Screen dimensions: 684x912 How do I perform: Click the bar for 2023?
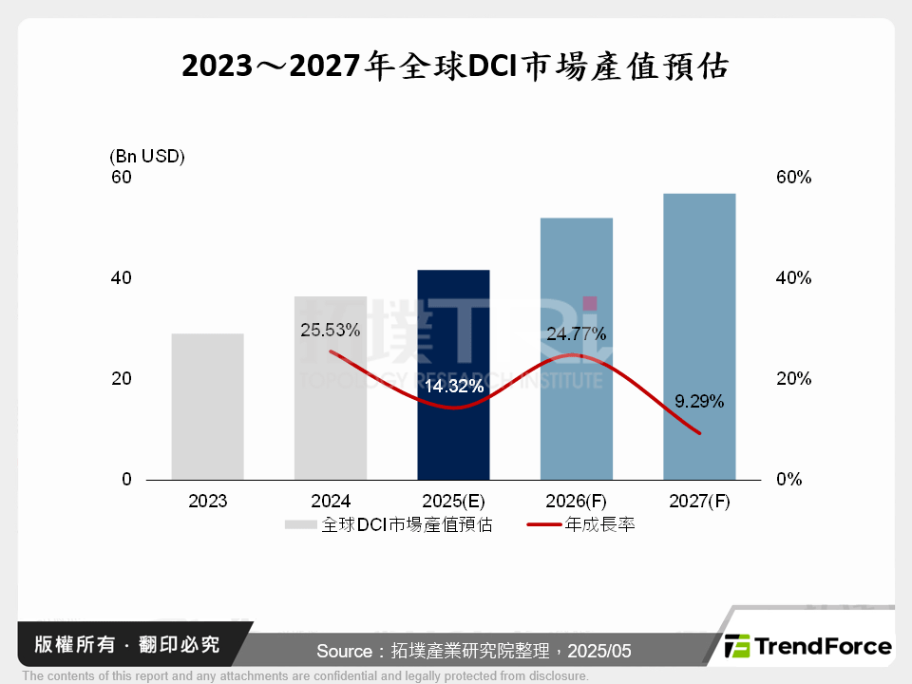[x=208, y=407]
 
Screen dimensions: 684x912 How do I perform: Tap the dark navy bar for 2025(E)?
[x=453, y=374]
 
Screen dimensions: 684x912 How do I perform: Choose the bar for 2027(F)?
[x=699, y=336]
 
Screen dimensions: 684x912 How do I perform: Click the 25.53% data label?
[x=330, y=331]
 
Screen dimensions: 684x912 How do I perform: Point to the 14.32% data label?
[x=454, y=388]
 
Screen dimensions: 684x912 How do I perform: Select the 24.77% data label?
[x=576, y=333]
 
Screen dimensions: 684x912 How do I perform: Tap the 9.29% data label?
[x=699, y=402]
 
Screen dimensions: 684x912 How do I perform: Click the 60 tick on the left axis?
[x=122, y=178]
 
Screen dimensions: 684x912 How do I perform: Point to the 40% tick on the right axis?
[x=792, y=278]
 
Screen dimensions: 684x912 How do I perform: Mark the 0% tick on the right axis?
[x=788, y=480]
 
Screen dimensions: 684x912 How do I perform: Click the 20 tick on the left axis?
[x=122, y=379]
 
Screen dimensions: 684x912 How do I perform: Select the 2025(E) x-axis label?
[x=453, y=502]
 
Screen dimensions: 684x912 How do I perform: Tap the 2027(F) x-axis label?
[x=699, y=502]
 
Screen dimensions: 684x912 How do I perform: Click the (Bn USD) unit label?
[x=147, y=156]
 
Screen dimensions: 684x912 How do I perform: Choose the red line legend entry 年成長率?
[x=580, y=524]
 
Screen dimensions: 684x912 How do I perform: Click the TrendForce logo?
[x=808, y=647]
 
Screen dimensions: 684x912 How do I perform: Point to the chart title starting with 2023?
[x=455, y=66]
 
